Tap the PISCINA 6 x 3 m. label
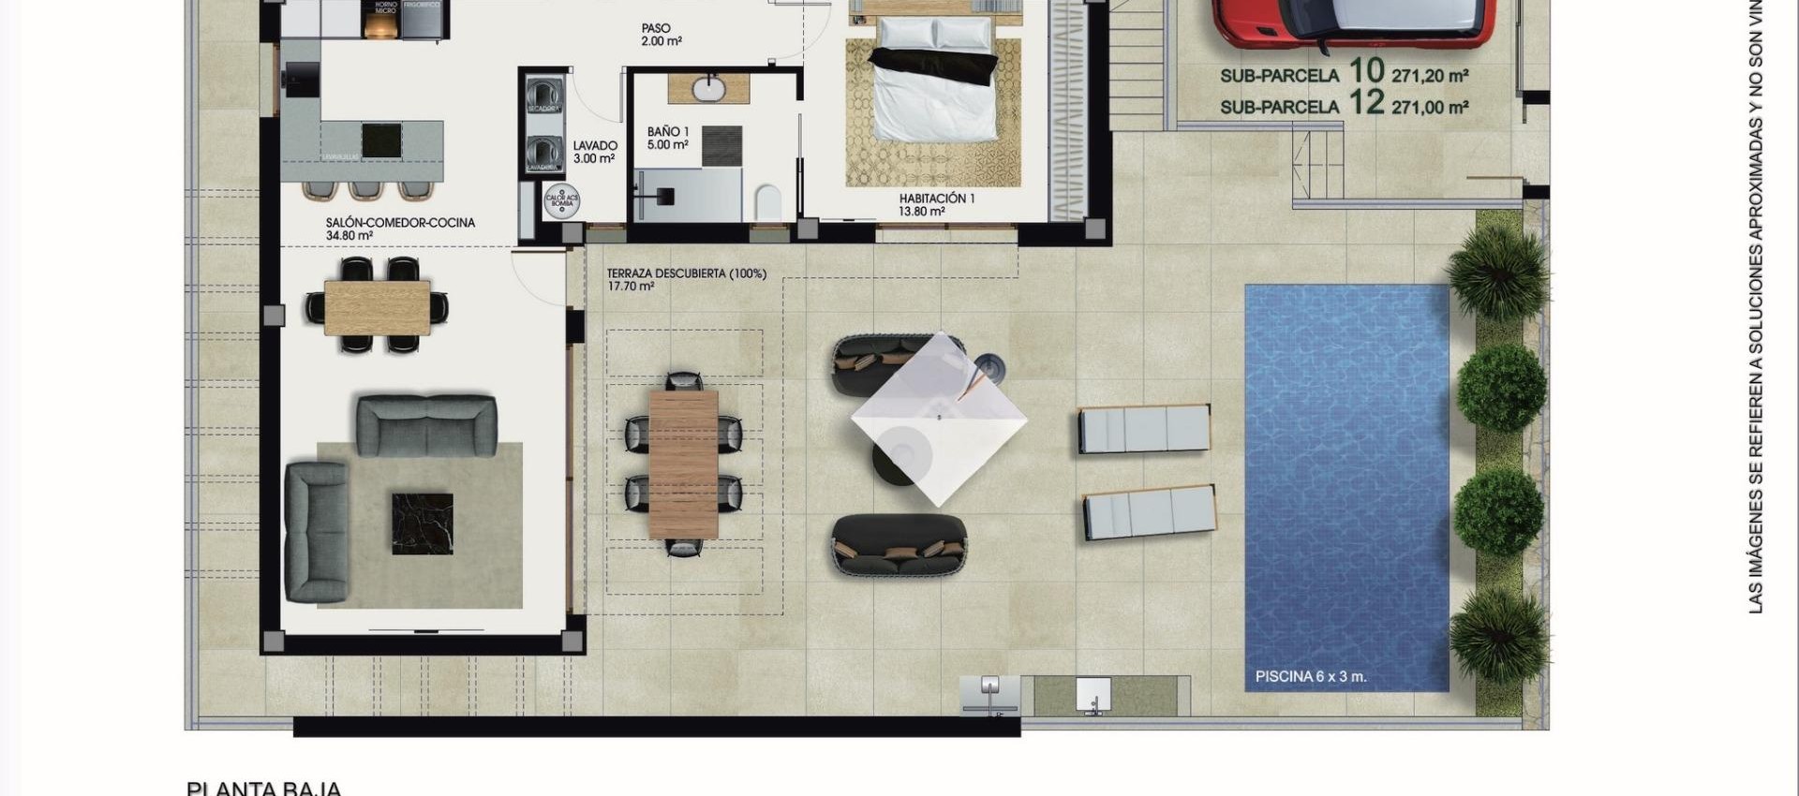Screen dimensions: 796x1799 point(1310,676)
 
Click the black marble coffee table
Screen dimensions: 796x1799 point(422,523)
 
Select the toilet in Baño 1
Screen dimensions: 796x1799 point(767,202)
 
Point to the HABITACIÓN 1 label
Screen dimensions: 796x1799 point(936,199)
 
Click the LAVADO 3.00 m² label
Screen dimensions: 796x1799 point(595,152)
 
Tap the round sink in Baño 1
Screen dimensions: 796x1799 point(708,89)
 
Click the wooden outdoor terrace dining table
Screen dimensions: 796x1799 point(683,464)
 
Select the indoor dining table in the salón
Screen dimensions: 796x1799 point(377,307)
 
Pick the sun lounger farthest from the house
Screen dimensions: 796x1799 point(1150,512)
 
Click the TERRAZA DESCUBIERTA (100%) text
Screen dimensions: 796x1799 point(686,273)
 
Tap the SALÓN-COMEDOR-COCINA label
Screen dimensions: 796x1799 point(400,223)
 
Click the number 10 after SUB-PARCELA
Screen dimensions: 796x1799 point(1366,71)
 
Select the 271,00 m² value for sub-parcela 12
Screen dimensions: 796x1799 point(1430,108)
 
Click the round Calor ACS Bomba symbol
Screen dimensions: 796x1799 point(562,199)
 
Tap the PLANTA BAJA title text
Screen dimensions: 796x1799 point(263,789)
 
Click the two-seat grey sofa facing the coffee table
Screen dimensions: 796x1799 point(426,425)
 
